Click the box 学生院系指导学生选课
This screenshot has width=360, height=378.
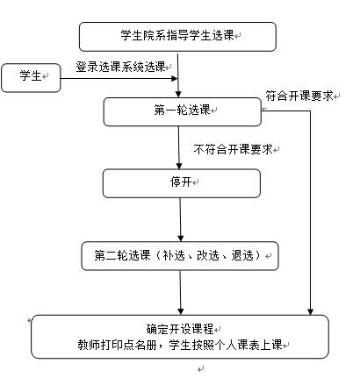pos(177,37)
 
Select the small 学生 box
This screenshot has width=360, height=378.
pos(31,78)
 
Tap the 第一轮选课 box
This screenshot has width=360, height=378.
pos(183,112)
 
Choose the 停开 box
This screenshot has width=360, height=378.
pos(182,183)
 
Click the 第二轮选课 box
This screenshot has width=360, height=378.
pos(180,256)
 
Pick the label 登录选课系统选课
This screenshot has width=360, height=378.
pos(120,67)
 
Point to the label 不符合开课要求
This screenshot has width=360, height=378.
pos(234,149)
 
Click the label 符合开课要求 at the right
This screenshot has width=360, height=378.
pos(299,96)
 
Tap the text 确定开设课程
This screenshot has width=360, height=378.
pos(180,329)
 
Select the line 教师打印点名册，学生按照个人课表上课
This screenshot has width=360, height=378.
pos(180,345)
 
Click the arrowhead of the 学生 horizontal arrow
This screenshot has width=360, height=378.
pos(175,78)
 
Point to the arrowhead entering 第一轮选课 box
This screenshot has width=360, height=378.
pos(178,94)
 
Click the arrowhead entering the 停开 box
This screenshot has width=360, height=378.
pos(179,166)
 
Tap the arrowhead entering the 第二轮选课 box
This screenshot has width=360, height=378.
pos(181,238)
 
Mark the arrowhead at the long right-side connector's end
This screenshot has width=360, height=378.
pos(310,311)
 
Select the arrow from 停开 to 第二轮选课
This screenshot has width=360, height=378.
pos(180,219)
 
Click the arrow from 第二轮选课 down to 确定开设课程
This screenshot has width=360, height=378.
pos(180,293)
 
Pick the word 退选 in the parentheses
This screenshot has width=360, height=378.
pos(242,255)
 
